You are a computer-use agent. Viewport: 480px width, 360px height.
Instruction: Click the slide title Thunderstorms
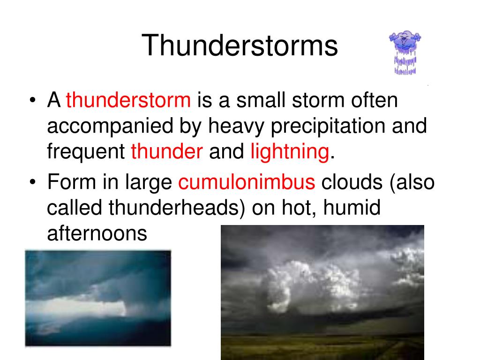coord(240,46)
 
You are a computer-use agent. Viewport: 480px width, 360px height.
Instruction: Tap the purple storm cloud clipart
coord(405,52)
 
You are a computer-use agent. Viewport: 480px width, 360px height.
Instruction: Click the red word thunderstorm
coord(128,101)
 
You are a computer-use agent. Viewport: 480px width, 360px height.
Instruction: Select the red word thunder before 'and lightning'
coord(167,151)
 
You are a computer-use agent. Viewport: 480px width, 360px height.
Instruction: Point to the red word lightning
coord(289,151)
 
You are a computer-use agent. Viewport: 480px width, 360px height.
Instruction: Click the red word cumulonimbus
coord(247,183)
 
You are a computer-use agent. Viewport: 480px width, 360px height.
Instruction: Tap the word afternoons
coord(97,233)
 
